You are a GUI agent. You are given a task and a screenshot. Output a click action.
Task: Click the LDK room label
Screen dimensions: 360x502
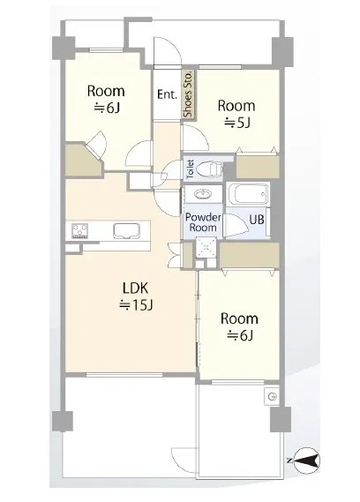click(x=135, y=288)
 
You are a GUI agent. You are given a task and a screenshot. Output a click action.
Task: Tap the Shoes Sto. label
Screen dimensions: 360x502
click(x=188, y=94)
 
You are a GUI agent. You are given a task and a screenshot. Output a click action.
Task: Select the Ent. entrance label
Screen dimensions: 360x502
click(x=167, y=94)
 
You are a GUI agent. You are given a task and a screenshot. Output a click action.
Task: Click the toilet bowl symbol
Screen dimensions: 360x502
click(x=208, y=169)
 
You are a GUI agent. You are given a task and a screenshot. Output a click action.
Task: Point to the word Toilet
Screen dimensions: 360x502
click(x=190, y=169)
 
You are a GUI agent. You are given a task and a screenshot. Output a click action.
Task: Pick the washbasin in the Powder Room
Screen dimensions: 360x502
click(x=204, y=193)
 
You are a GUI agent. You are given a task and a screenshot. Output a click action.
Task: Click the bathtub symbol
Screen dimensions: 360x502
click(x=248, y=194)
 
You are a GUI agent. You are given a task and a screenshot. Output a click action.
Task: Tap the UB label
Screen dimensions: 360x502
click(x=257, y=220)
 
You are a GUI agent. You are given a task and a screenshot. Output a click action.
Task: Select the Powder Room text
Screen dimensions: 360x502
click(x=203, y=222)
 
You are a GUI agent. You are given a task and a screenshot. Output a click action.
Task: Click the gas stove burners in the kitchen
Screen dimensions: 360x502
click(x=80, y=230)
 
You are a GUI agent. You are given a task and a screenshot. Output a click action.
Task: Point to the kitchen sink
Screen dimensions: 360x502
click(x=126, y=231)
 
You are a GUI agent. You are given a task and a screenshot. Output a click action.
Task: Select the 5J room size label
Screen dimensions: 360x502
click(x=236, y=123)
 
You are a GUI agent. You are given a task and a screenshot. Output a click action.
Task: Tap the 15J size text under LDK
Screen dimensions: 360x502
click(x=136, y=305)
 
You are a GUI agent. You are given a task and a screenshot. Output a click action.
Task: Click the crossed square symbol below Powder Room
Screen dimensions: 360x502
click(x=206, y=246)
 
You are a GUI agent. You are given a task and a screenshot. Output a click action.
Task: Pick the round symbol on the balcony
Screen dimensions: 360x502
click(x=272, y=397)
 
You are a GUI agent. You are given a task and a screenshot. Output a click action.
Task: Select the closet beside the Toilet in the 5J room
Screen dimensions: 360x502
click(x=258, y=166)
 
